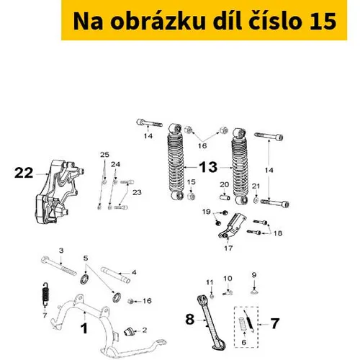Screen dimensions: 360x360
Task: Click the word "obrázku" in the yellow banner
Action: [x=158, y=21]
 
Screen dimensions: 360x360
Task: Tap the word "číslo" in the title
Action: [x=275, y=21]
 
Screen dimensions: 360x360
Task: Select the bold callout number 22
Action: [x=24, y=173]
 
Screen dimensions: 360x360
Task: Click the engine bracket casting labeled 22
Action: [x=59, y=192]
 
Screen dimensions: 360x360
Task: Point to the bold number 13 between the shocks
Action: [x=208, y=167]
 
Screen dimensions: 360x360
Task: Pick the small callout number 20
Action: [x=225, y=184]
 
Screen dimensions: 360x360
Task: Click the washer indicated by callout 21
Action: [x=256, y=199]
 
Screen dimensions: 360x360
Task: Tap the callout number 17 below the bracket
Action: [x=228, y=248]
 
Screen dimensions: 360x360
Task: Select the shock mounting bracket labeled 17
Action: [x=233, y=225]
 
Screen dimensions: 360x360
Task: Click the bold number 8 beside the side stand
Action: [x=189, y=320]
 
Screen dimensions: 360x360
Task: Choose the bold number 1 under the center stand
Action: [x=84, y=328]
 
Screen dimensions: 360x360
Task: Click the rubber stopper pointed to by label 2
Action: [x=129, y=331]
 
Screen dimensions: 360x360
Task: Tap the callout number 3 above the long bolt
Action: [x=61, y=251]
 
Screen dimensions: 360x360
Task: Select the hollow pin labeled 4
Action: [x=116, y=274]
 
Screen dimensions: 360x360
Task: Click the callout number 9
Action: [x=254, y=274]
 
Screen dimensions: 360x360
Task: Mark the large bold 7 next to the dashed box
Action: [x=274, y=324]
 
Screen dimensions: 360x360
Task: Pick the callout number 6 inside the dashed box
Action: [x=244, y=342]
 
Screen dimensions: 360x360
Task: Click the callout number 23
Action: [x=137, y=192]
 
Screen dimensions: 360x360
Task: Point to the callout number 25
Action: [x=104, y=155]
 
